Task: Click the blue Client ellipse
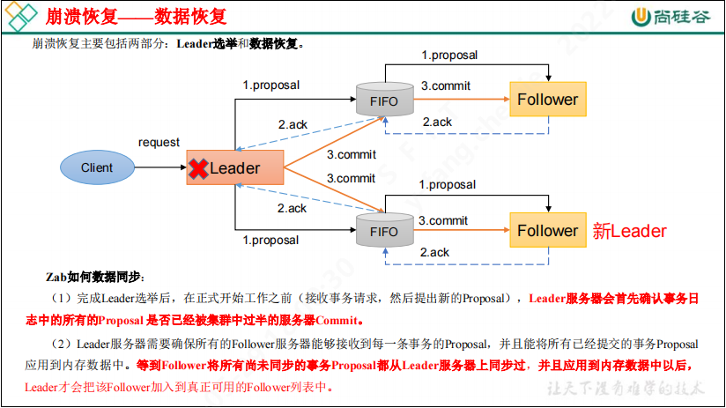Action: coord(97,167)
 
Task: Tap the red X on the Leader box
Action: coord(197,167)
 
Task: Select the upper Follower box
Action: coord(546,100)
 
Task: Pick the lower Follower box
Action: coord(546,231)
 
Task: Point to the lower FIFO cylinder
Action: coord(384,230)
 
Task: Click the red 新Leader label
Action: coord(629,231)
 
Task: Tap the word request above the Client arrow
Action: coord(159,142)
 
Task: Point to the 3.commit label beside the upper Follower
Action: coord(445,85)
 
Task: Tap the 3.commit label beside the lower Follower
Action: coord(443,220)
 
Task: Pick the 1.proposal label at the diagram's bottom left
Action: coord(270,240)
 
